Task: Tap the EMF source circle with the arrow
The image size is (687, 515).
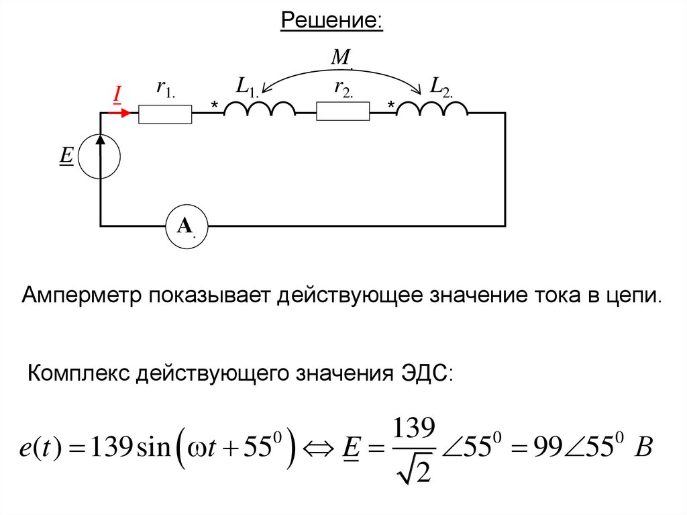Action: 101,156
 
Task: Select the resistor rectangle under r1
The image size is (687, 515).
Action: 165,114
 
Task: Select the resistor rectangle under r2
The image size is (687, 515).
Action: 343,111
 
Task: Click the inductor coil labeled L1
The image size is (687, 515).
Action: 259,109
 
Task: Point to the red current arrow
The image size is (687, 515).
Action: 119,113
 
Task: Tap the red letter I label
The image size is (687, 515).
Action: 116,95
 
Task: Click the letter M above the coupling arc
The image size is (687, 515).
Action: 341,58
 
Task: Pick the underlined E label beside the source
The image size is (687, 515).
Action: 66,156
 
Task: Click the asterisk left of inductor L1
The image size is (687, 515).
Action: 215,106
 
